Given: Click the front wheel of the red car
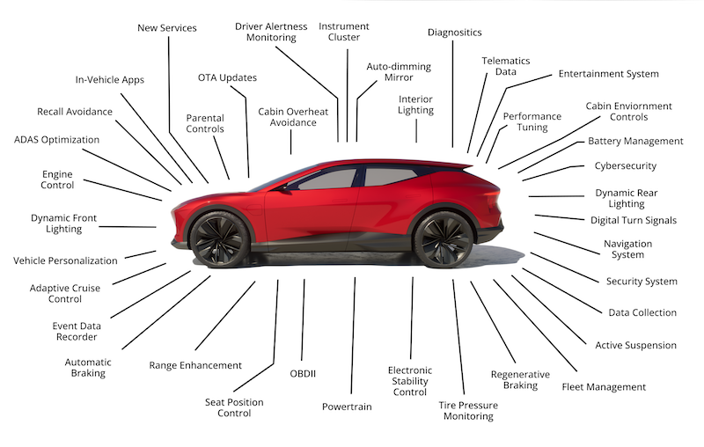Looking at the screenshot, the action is pos(219,238).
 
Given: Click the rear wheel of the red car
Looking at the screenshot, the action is pos(443,238).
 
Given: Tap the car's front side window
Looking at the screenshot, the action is pos(326,179).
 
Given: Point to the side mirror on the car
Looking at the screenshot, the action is pos(283,187).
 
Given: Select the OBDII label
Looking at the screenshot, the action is pos(303,373).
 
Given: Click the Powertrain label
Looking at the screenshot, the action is pos(347,407).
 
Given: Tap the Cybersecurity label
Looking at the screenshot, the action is pos(626,166).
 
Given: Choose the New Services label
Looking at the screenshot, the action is pos(167,28).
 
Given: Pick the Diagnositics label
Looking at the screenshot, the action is pos(454,33).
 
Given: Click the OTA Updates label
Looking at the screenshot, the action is pos(227,77).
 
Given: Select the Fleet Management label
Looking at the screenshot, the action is pos(604,387).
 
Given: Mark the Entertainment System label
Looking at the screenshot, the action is pos(608,74).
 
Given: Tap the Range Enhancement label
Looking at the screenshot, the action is pos(195,365).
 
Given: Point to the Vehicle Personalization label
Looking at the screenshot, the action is pos(65,260).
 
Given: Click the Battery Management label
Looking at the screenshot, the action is pos(635,141).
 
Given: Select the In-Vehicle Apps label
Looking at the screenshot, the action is pos(109,80).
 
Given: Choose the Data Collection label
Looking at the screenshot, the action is pos(642,312).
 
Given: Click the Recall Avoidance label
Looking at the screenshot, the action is pos(75,112).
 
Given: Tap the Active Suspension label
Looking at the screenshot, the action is pos(635,345).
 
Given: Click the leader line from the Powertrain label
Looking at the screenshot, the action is pos(353,336).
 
